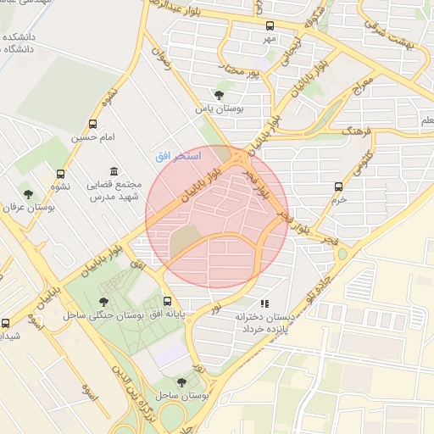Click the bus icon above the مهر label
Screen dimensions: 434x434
[x=270, y=25]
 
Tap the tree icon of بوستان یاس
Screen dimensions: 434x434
[x=220, y=95]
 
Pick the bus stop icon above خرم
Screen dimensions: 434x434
[x=339, y=186]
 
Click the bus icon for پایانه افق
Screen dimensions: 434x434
[x=167, y=301]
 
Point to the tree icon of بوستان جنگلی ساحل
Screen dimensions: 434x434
[x=104, y=301]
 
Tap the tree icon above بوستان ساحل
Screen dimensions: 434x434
[x=181, y=382]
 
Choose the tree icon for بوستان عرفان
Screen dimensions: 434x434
[x=28, y=194]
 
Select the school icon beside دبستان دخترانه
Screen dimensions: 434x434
[x=264, y=303]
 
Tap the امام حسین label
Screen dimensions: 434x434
[x=92, y=136]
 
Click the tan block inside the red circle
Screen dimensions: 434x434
[x=187, y=242]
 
